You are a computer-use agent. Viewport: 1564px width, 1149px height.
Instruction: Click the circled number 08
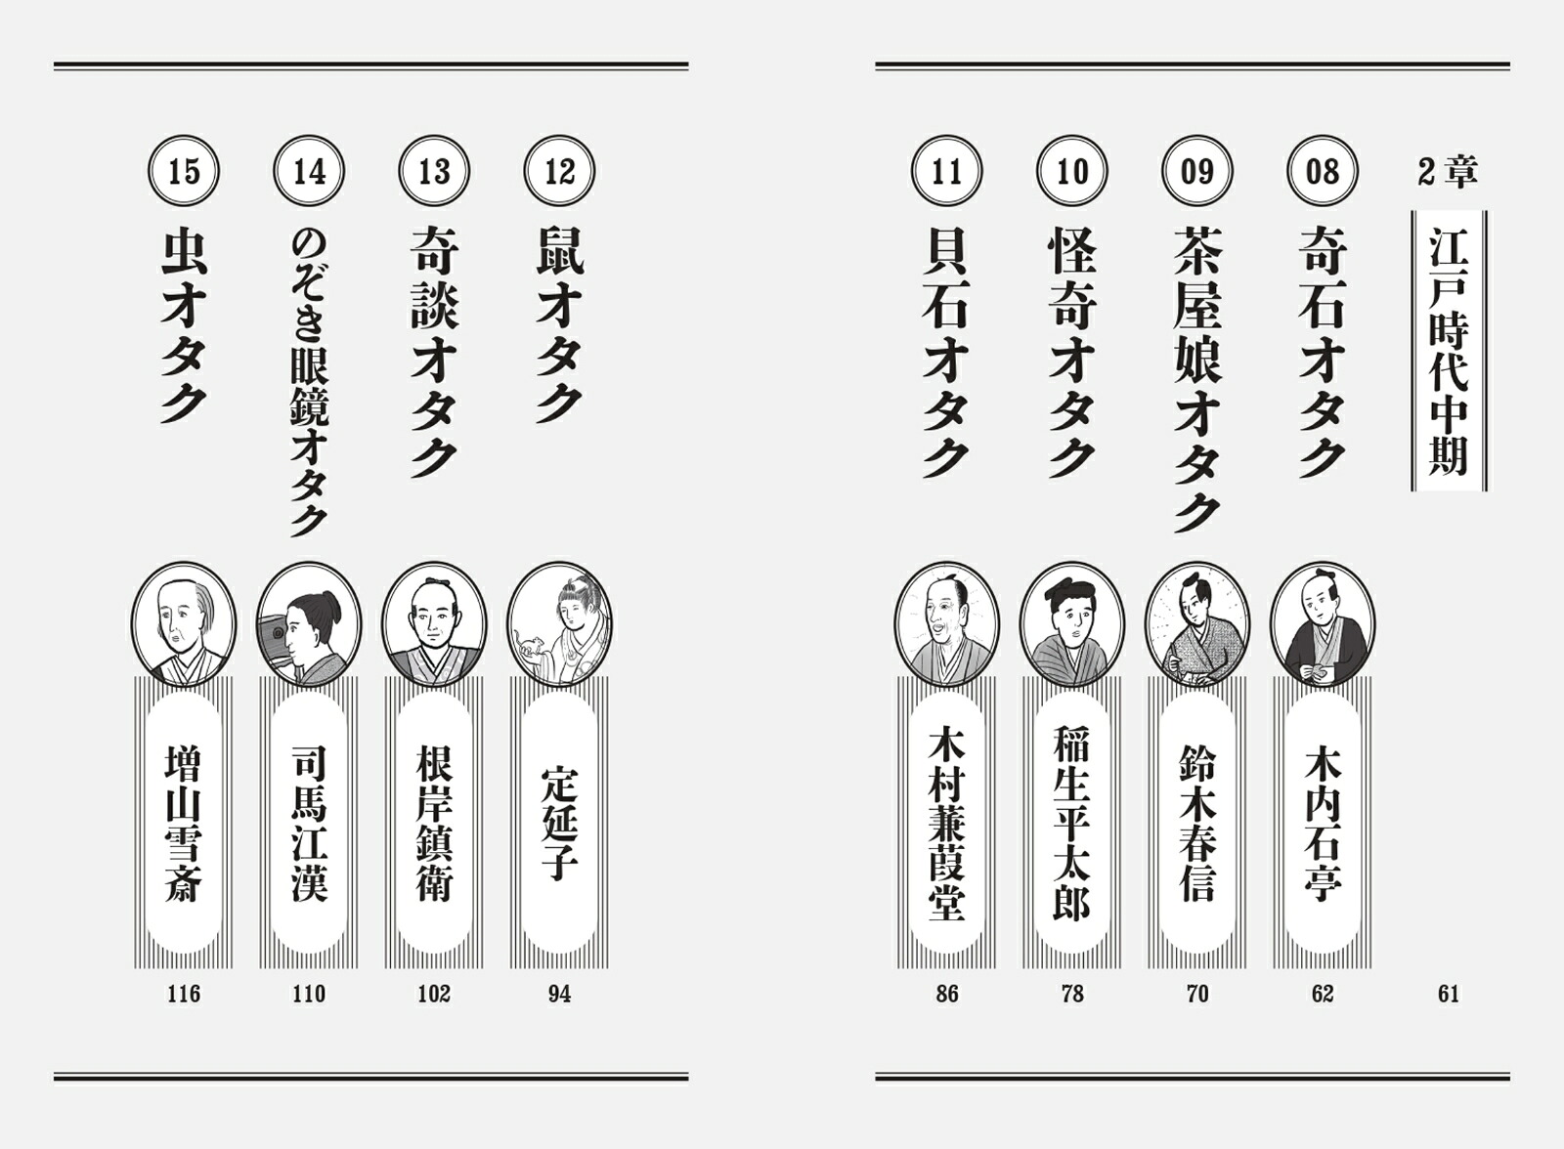pyautogui.click(x=1323, y=171)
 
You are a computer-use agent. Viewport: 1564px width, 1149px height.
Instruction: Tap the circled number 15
pyautogui.click(x=184, y=171)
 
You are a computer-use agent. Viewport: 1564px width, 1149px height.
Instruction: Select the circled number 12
pyautogui.click(x=559, y=171)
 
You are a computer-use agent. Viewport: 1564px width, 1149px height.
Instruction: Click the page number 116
pyautogui.click(x=184, y=994)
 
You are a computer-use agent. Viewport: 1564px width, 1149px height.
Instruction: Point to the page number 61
pyautogui.click(x=1448, y=994)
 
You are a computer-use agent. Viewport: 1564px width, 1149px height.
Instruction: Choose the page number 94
pyautogui.click(x=559, y=994)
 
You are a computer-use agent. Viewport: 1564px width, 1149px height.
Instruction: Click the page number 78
pyautogui.click(x=1072, y=994)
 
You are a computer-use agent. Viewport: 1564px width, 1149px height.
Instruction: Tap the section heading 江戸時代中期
pyautogui.click(x=1449, y=351)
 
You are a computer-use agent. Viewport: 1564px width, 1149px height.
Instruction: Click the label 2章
pyautogui.click(x=1448, y=172)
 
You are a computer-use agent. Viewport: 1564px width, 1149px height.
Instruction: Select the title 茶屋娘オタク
pyautogui.click(x=1197, y=379)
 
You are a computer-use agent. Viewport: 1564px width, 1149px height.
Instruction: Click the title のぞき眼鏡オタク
pyautogui.click(x=309, y=383)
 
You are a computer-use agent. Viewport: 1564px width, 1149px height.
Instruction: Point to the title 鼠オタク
pyautogui.click(x=559, y=324)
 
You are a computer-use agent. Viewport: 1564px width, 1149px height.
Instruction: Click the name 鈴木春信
pyautogui.click(x=1197, y=823)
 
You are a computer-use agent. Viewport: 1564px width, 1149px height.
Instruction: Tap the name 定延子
pyautogui.click(x=559, y=823)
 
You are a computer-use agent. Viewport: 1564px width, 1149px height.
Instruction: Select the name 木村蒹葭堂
pyautogui.click(x=947, y=823)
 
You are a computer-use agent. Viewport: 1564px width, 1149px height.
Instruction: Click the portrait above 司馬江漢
pyautogui.click(x=309, y=624)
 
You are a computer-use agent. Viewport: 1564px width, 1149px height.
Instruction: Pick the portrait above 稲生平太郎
pyautogui.click(x=1072, y=624)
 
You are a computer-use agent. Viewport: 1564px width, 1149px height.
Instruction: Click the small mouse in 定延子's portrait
pyautogui.click(x=530, y=644)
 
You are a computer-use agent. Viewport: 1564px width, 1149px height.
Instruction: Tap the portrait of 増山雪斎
pyautogui.click(x=184, y=624)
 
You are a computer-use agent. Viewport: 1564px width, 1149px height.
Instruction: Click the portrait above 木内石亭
pyautogui.click(x=1323, y=624)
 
